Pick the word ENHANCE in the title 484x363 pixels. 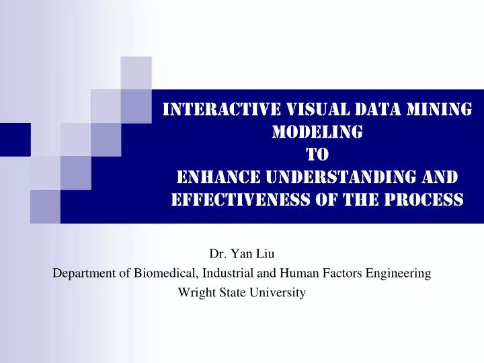[x=212, y=177]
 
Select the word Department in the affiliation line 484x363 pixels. [x=82, y=274]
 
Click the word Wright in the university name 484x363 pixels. [x=194, y=292]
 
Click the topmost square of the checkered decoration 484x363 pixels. [x=136, y=73]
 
